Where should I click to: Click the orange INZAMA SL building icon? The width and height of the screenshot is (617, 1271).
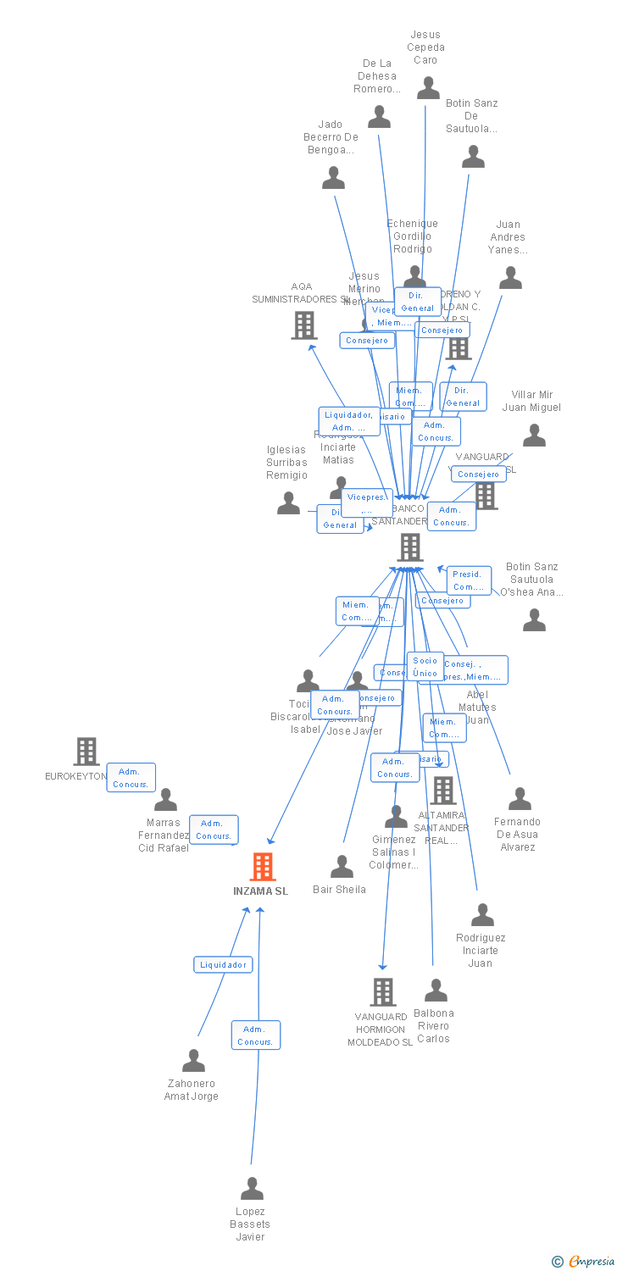click(263, 867)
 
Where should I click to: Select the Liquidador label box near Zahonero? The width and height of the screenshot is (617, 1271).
click(224, 964)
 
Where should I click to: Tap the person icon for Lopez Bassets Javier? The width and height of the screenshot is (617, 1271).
click(252, 1189)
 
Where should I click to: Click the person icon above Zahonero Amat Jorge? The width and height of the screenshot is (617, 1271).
click(194, 1061)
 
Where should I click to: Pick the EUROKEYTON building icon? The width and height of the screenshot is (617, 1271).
click(86, 752)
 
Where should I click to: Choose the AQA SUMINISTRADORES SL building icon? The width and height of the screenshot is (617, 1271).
click(304, 325)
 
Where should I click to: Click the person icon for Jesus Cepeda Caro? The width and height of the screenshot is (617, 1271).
click(428, 88)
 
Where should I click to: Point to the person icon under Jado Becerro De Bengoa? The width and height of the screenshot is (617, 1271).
click(333, 178)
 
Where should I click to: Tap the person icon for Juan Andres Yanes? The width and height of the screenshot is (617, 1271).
click(510, 278)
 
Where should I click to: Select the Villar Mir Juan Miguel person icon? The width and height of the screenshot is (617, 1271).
click(534, 436)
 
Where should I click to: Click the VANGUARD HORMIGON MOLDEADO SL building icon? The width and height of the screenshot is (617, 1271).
click(383, 991)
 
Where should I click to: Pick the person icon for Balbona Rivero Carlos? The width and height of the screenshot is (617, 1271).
click(436, 991)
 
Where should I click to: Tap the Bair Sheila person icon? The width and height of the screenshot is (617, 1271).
click(342, 867)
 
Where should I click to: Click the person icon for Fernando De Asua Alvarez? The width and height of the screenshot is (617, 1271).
click(520, 799)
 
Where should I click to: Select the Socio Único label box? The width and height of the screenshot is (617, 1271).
click(425, 666)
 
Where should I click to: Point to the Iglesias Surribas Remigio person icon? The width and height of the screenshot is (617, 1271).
click(288, 503)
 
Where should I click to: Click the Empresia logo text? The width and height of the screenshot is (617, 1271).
click(591, 1262)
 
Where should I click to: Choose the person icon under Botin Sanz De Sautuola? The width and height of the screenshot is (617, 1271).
click(473, 157)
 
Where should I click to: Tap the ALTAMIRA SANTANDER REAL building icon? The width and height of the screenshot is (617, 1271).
click(443, 791)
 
